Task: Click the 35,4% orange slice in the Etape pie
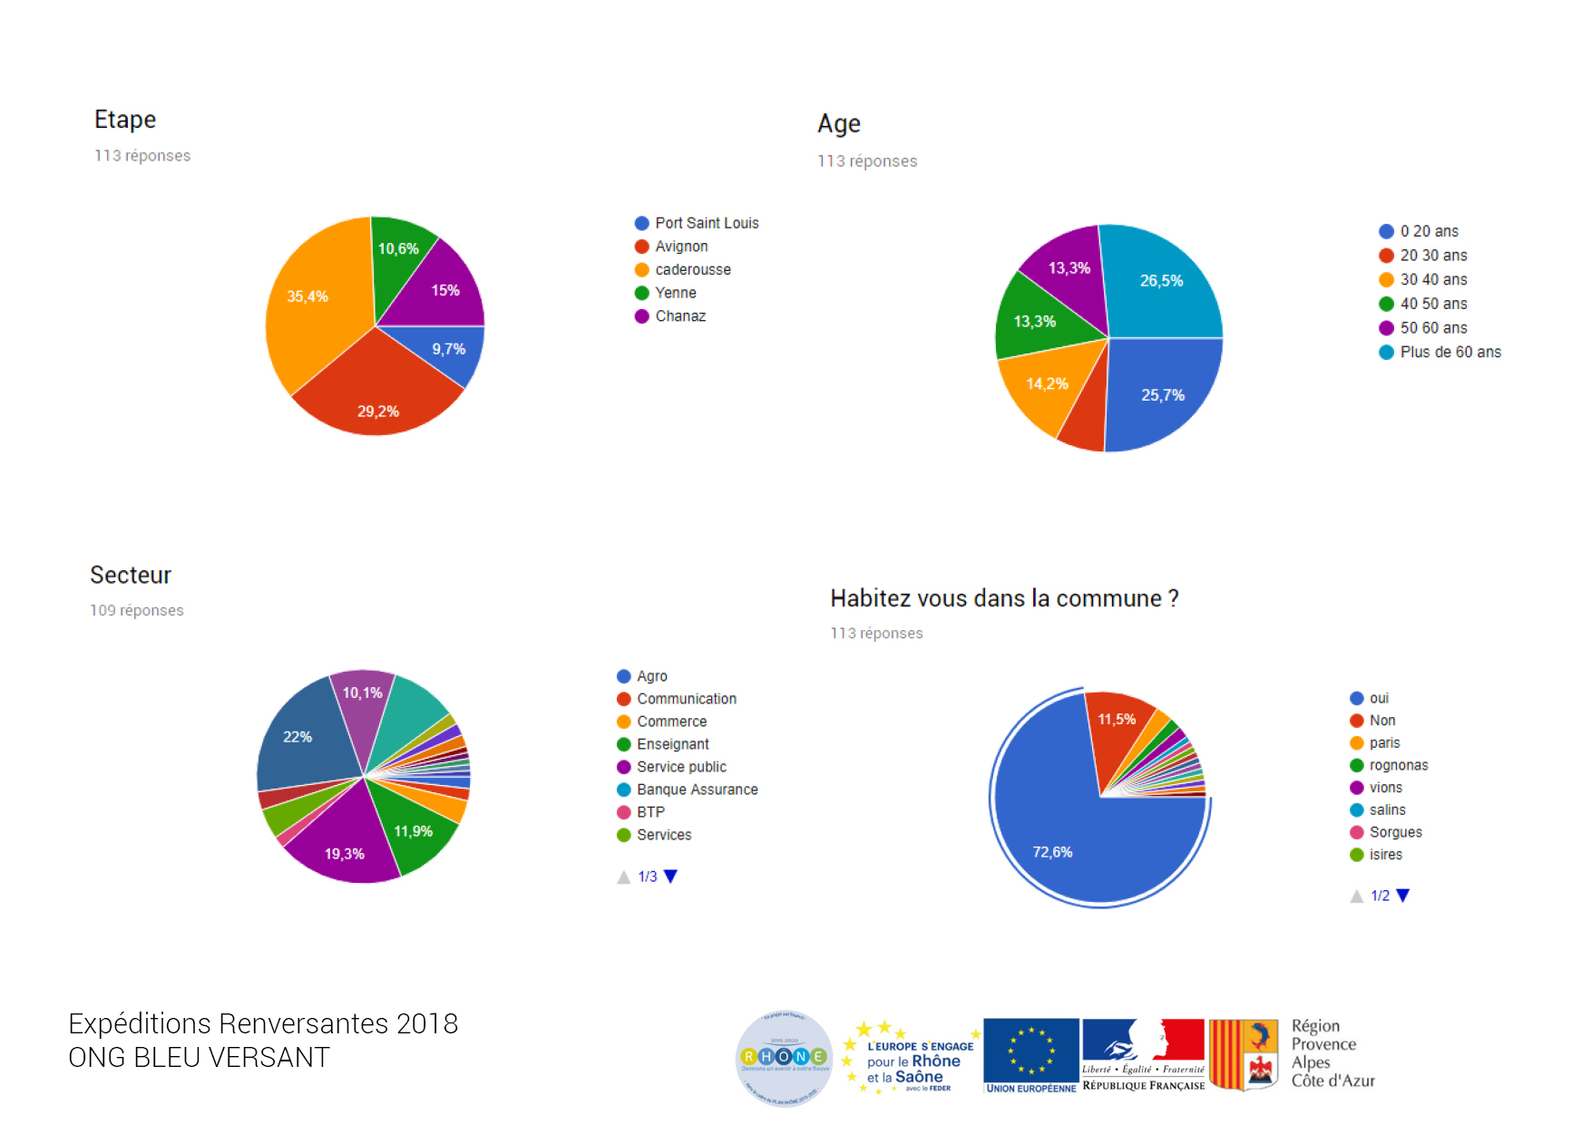click(x=313, y=304)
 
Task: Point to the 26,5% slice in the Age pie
click(x=1160, y=286)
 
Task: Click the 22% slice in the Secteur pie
click(x=299, y=739)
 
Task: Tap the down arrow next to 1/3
click(x=671, y=877)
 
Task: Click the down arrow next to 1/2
click(x=1403, y=896)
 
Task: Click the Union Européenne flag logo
click(x=1030, y=1055)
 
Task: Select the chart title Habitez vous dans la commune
click(x=1004, y=598)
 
